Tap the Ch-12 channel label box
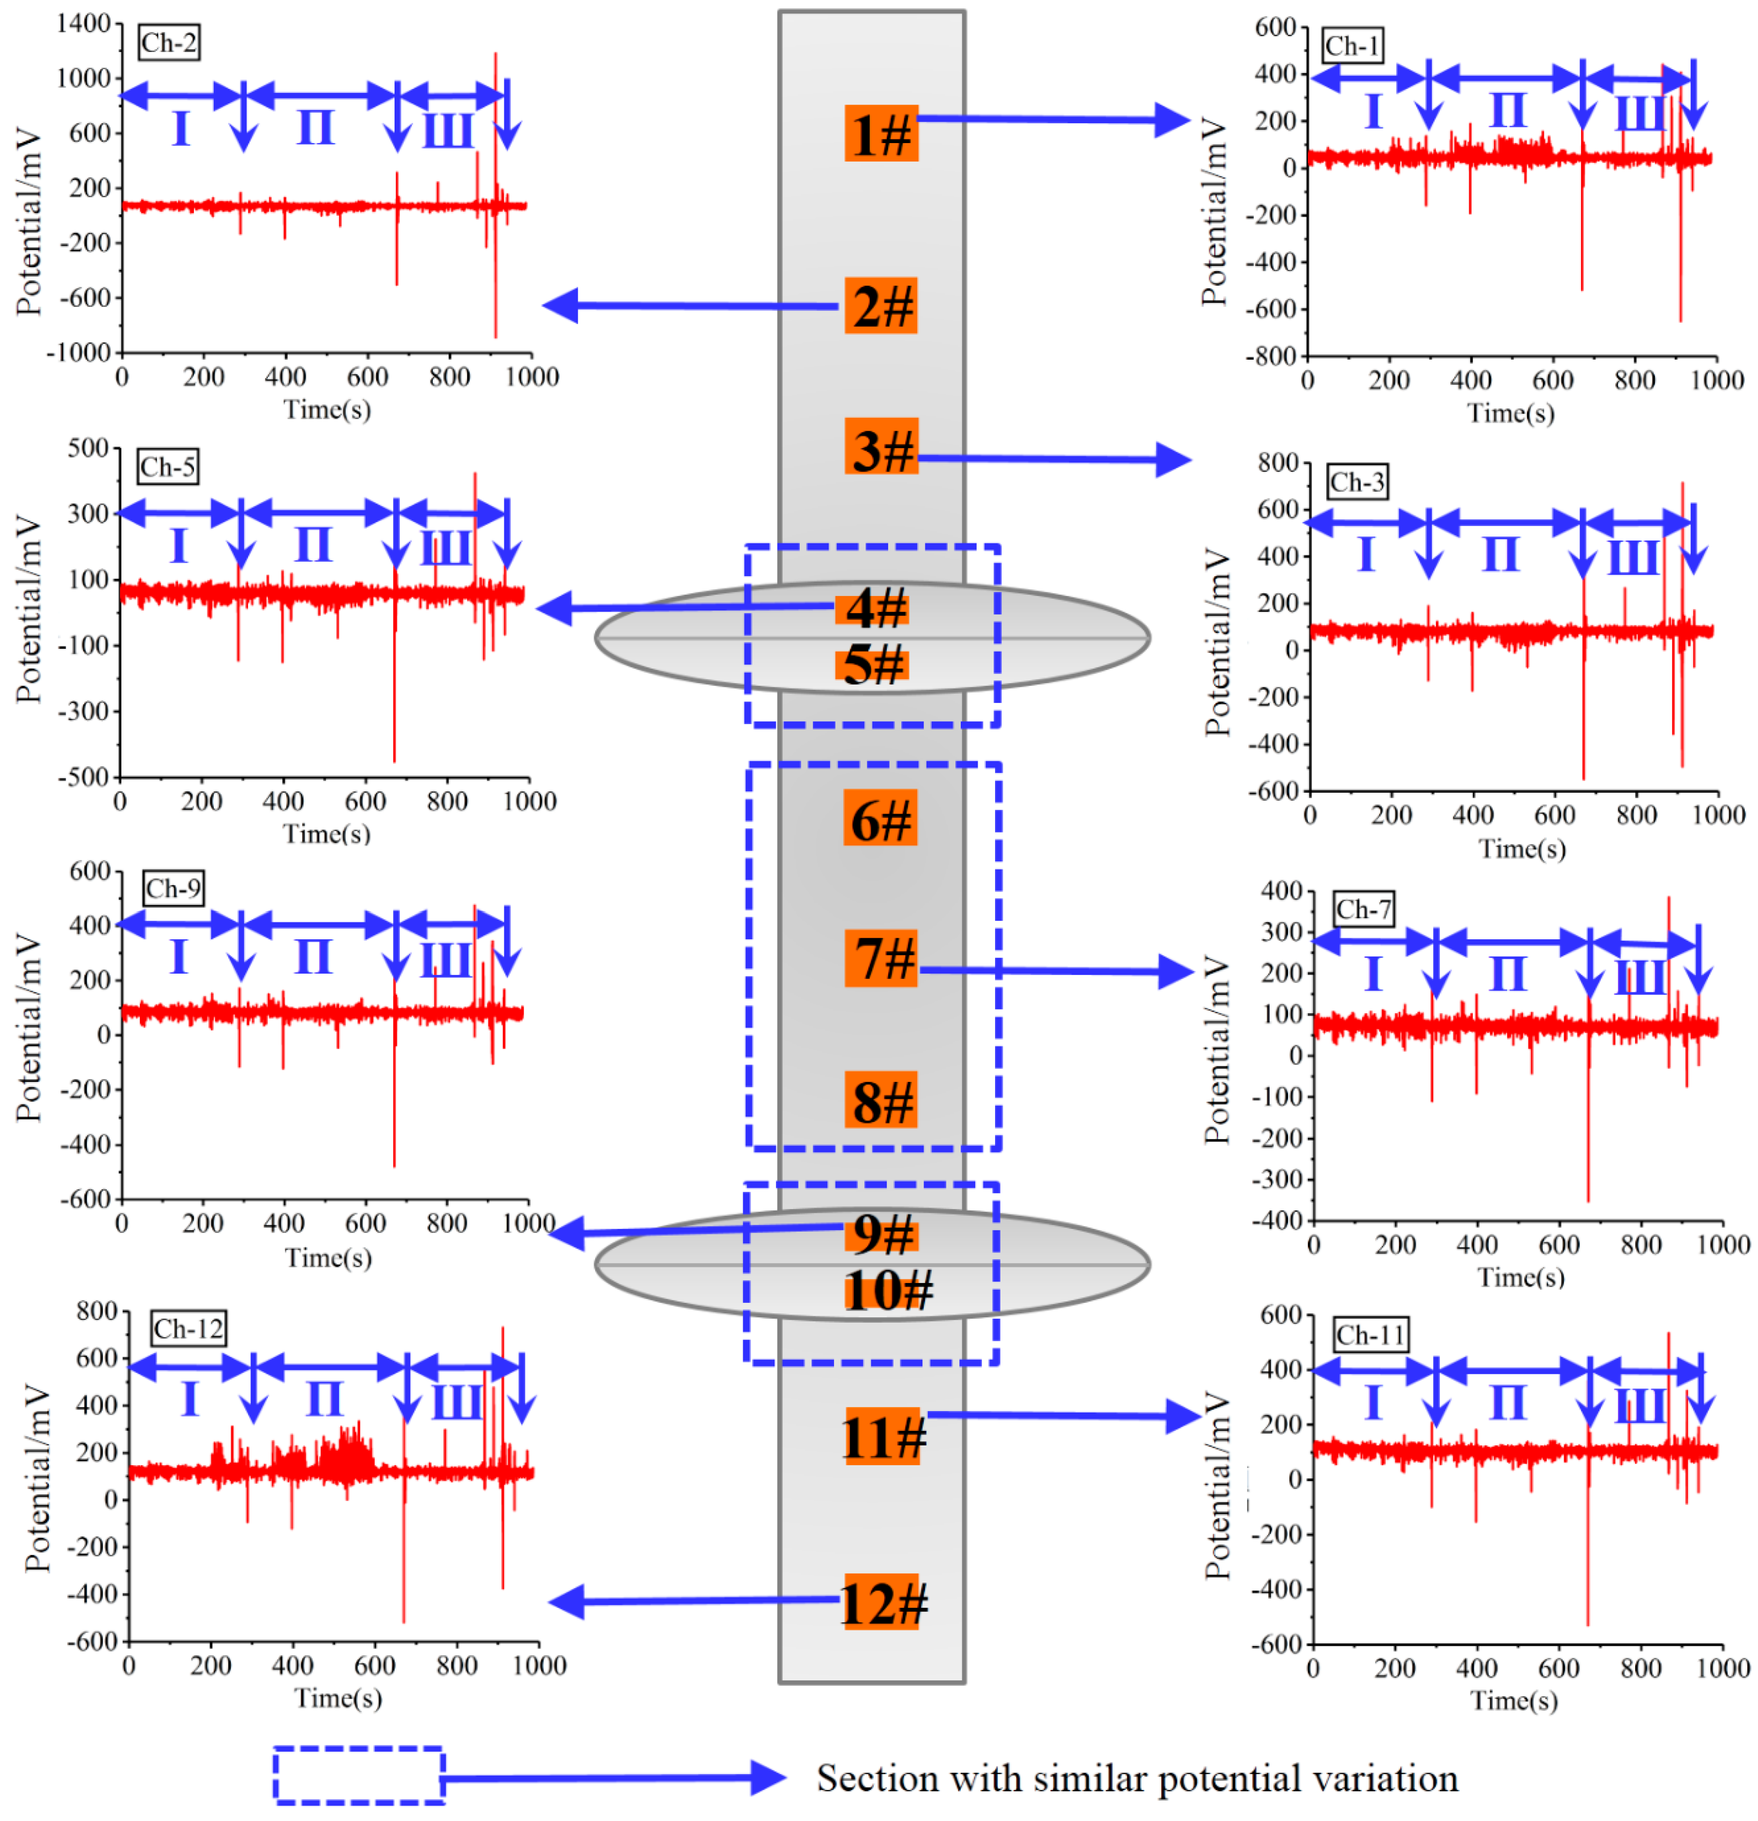(189, 1328)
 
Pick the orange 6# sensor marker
(880, 817)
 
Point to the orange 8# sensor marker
(880, 1100)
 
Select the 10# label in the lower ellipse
(887, 1291)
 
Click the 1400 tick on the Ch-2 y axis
(84, 23)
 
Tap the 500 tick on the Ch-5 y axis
(88, 448)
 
